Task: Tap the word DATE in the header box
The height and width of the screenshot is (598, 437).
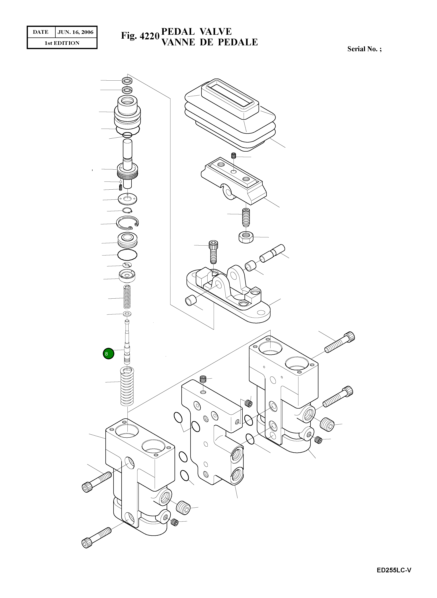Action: (x=41, y=32)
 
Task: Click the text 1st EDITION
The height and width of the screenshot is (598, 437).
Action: (x=62, y=43)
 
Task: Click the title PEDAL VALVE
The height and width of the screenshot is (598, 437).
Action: (x=196, y=31)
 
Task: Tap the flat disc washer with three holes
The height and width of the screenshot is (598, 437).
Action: (x=128, y=199)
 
